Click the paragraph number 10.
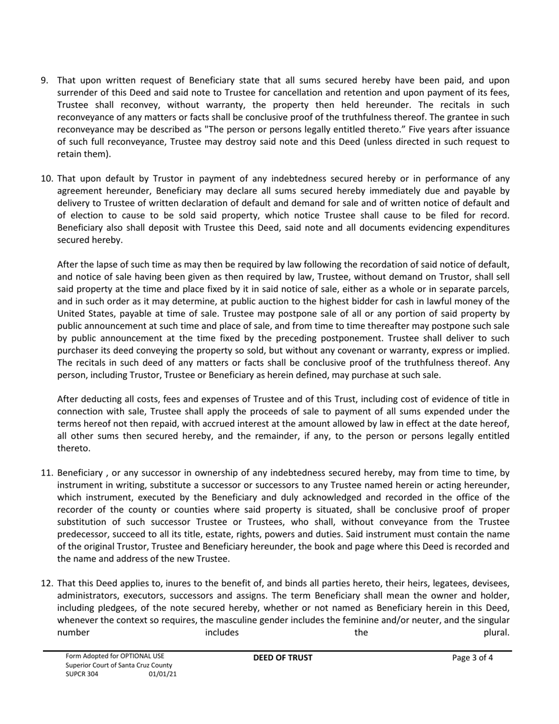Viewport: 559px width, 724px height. point(46,178)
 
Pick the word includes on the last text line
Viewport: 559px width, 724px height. point(222,633)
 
